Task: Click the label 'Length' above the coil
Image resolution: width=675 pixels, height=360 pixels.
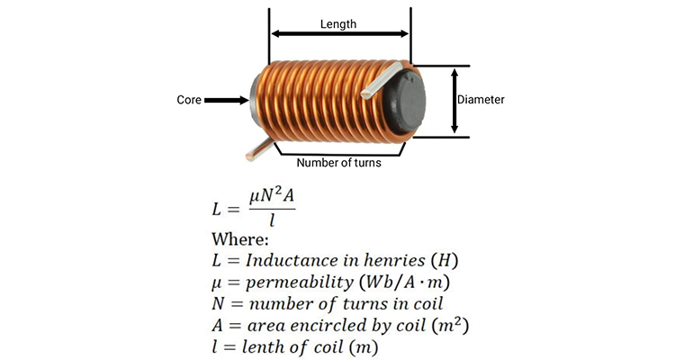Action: point(338,24)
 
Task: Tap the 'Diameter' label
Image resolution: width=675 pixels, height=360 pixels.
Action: point(481,101)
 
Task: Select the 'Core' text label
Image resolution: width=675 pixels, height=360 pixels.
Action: point(189,101)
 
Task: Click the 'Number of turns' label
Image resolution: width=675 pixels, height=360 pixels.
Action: point(339,163)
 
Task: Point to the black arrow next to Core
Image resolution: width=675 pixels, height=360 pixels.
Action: point(227,101)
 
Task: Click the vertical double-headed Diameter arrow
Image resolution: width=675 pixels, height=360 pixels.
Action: point(454,101)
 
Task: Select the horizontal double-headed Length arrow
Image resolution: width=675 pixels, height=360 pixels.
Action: point(339,35)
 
